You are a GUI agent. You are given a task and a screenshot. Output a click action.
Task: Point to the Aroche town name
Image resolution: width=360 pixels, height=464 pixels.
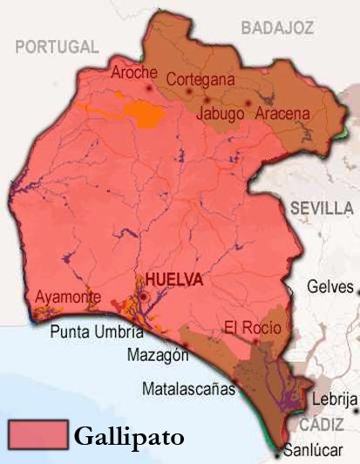click(134, 72)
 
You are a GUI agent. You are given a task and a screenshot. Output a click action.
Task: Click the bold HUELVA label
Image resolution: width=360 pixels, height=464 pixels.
click(175, 280)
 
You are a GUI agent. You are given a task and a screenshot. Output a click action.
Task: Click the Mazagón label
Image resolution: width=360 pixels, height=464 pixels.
click(158, 356)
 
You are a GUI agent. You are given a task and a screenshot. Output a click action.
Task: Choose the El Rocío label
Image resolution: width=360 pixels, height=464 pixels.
click(252, 328)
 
